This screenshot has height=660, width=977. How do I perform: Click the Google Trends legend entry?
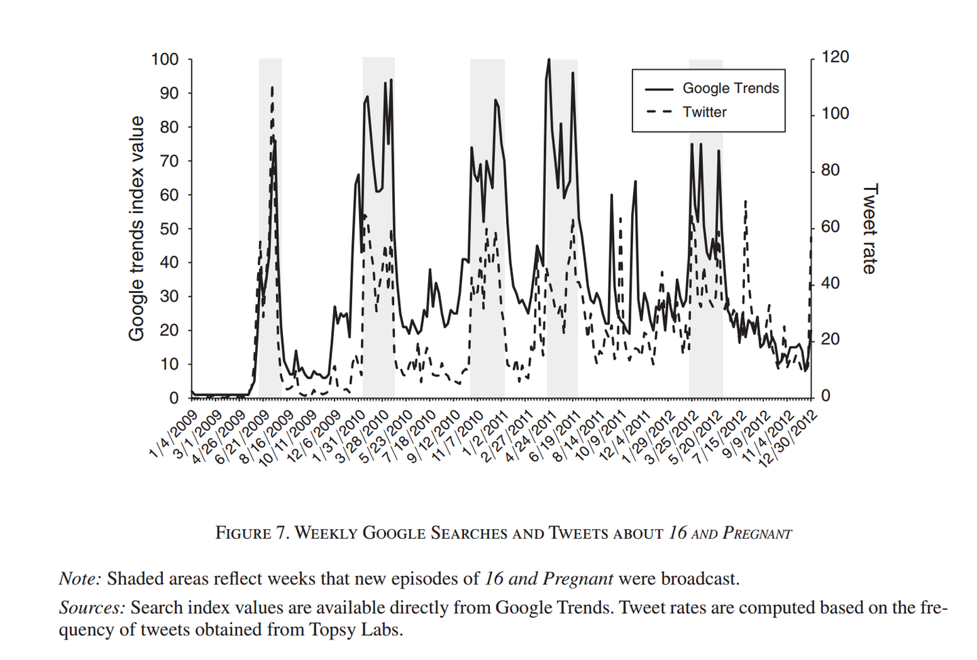coord(730,88)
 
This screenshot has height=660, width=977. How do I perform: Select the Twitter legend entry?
coord(704,112)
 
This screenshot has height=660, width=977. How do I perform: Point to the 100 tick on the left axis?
coord(165,60)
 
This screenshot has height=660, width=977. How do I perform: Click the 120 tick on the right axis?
coord(835,57)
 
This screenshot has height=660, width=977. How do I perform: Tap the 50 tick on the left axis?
coord(169,229)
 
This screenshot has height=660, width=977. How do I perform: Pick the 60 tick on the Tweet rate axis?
coord(830,227)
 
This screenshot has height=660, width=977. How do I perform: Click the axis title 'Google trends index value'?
coord(137,228)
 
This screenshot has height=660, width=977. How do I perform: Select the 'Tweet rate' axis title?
coord(870,228)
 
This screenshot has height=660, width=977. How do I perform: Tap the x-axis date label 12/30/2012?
coord(788,439)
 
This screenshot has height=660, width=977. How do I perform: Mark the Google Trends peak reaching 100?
coord(549,60)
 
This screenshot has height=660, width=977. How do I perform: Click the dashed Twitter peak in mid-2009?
coord(272,88)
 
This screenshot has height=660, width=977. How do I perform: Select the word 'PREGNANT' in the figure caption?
coord(756,533)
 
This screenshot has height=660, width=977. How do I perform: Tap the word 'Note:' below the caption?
coord(80,579)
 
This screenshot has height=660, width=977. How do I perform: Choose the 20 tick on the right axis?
coord(830,339)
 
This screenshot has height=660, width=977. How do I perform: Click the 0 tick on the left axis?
coord(174,398)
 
